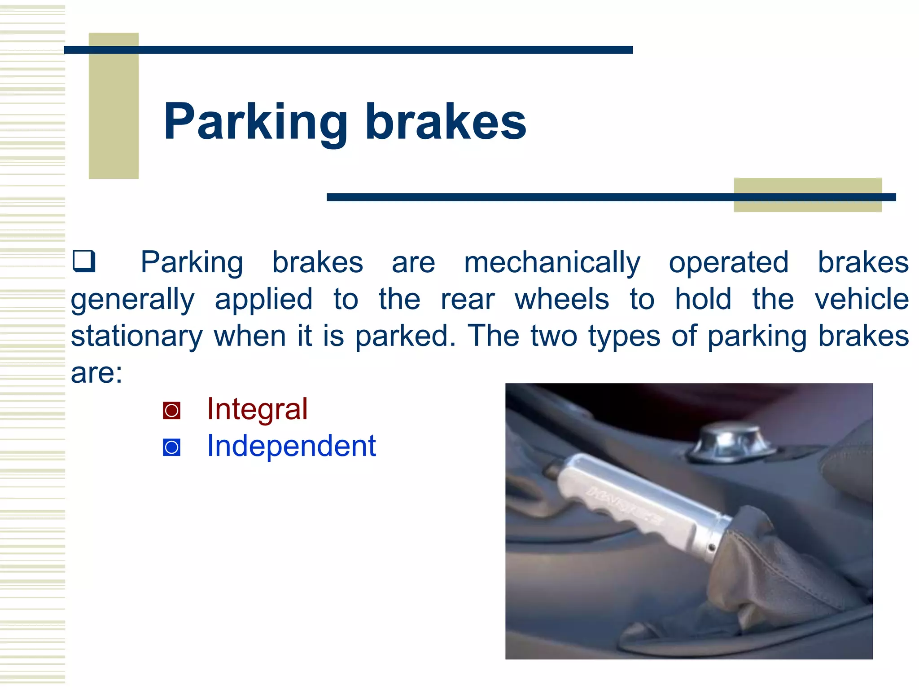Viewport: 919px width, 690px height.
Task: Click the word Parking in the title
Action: (x=256, y=122)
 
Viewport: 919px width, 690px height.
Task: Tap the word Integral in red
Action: (x=257, y=409)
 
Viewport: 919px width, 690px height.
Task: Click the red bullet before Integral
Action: (x=171, y=411)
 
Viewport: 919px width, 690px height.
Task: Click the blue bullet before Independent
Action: (x=171, y=447)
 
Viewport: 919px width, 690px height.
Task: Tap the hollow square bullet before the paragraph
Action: (x=84, y=261)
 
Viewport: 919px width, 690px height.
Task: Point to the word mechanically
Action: (x=552, y=263)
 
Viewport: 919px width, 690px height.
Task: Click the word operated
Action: (x=728, y=263)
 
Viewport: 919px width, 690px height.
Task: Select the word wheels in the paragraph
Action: (x=562, y=299)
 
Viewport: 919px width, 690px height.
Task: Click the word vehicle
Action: (x=862, y=299)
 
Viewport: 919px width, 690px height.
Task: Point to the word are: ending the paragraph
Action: (x=96, y=373)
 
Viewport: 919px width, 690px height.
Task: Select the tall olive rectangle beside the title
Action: (x=114, y=106)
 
